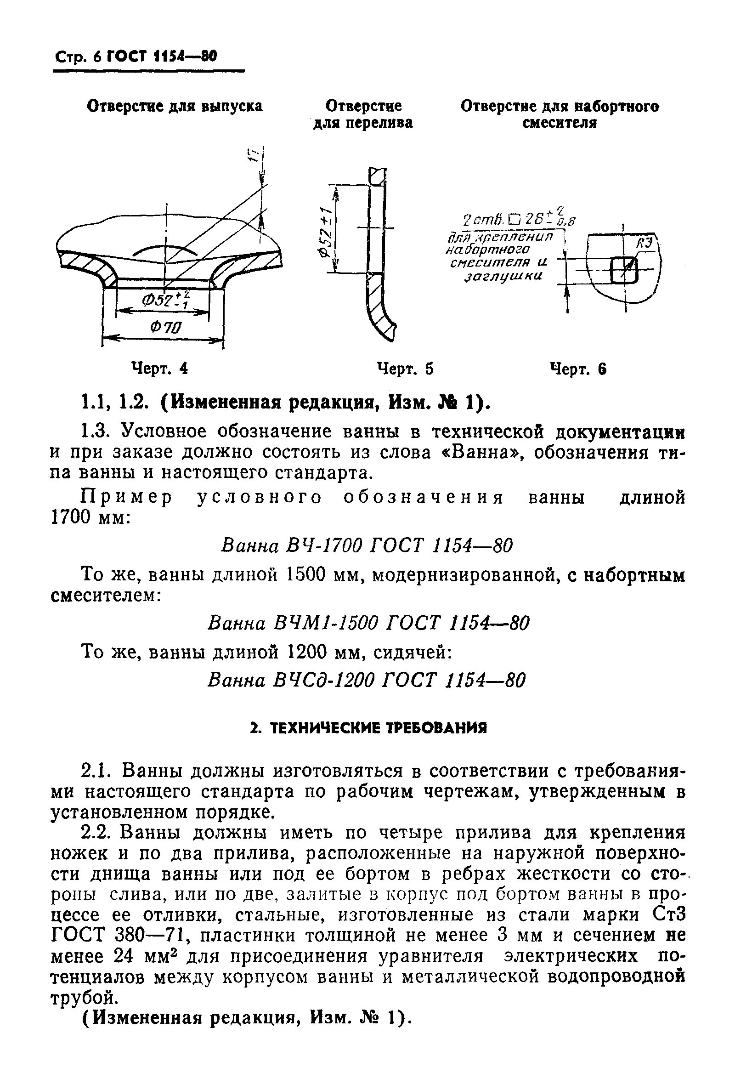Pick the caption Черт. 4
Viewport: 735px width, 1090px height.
coord(160,369)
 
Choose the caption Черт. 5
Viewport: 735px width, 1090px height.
coord(406,369)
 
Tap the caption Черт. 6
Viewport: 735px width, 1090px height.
coord(579,369)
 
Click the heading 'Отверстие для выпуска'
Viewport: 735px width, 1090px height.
coord(175,107)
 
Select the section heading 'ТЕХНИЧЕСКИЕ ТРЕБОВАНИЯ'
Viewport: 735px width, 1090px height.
coord(368,727)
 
